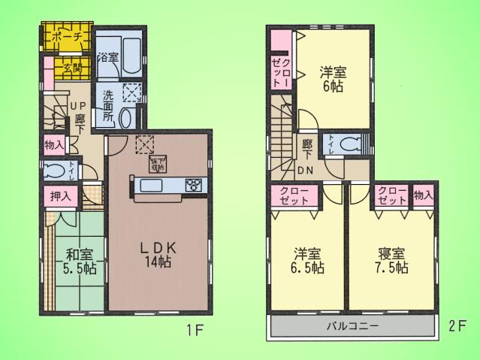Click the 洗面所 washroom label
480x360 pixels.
pos(108,106)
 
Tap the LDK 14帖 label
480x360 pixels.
pos(159,256)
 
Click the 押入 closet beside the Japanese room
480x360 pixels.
pos(61,197)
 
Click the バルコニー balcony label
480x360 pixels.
pos(352,327)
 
